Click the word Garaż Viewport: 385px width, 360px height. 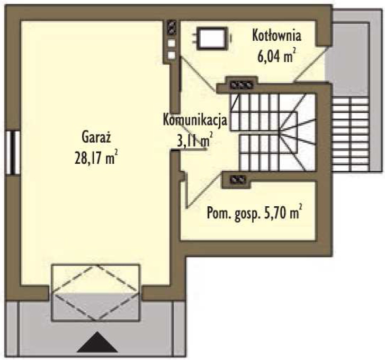pyautogui.click(x=96, y=137)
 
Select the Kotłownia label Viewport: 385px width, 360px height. pyautogui.click(x=276, y=36)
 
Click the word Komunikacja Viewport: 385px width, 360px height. pyautogui.click(x=195, y=120)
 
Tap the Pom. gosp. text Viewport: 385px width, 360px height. pyautogui.click(x=233, y=213)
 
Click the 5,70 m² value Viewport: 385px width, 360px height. pyautogui.click(x=283, y=212)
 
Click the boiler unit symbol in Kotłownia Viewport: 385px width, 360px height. pyautogui.click(x=213, y=38)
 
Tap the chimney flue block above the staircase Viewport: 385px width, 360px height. pyautogui.click(x=241, y=85)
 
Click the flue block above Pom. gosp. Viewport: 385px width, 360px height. pyautogui.click(x=237, y=180)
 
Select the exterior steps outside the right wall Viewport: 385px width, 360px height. pyautogui.click(x=351, y=134)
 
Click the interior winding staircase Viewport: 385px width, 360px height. pyautogui.click(x=273, y=132)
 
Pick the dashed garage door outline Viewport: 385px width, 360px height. pyautogui.click(x=96, y=292)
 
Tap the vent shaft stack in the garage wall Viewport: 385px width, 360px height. pyautogui.click(x=171, y=40)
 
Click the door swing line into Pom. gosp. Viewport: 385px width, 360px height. pyautogui.click(x=203, y=191)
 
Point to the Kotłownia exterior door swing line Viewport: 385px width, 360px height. pyautogui.click(x=311, y=65)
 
